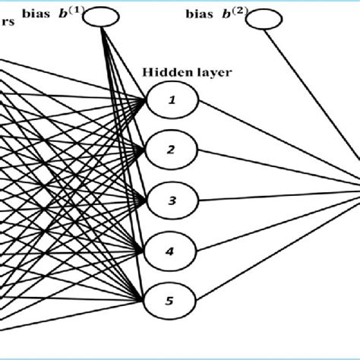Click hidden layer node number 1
click(x=172, y=100)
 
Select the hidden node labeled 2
click(x=172, y=149)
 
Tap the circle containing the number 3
click(x=172, y=200)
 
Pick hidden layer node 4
click(x=172, y=250)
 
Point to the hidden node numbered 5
click(x=172, y=300)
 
